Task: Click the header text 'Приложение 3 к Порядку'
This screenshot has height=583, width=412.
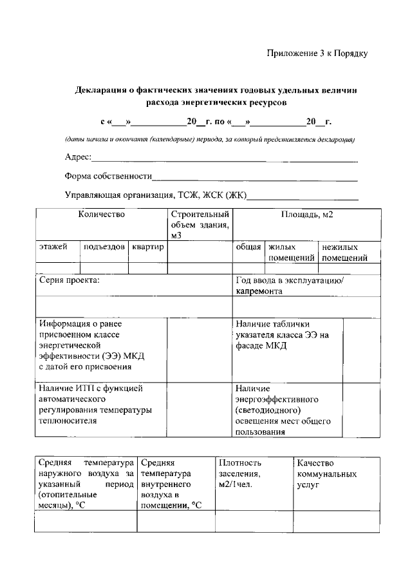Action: [x=317, y=54]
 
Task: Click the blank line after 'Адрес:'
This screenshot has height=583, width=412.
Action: [x=225, y=158]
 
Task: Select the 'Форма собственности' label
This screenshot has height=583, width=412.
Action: [x=108, y=176]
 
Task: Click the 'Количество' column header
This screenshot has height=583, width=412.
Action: [x=101, y=215]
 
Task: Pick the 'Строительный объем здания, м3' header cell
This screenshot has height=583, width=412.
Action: [x=200, y=225]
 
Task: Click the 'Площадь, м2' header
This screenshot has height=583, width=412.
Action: [x=306, y=215]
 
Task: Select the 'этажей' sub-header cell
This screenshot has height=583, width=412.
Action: [x=53, y=247]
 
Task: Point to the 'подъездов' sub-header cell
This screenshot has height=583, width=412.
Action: [x=104, y=247]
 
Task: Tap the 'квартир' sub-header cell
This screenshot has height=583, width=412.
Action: [x=148, y=247]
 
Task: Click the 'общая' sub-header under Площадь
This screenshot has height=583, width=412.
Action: [x=248, y=247]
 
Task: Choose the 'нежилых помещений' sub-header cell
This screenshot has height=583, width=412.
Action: [x=344, y=253]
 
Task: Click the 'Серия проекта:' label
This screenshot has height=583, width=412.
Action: [x=70, y=281]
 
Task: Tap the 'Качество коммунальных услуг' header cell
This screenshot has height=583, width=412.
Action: [x=325, y=473]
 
